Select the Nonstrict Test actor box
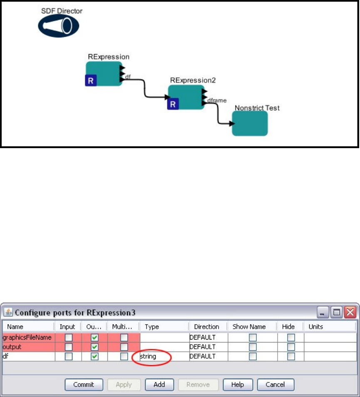tap(250, 123)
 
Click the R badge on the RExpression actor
tap(91, 80)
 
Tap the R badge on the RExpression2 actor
tap(173, 103)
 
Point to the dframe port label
tap(216, 100)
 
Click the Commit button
tap(84, 385)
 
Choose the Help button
tap(238, 385)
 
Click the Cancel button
tap(276, 385)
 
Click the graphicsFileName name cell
tap(27, 337)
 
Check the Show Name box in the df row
tap(253, 357)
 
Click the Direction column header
tap(206, 327)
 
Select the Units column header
tap(316, 327)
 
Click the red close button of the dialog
tap(351, 312)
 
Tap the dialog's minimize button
tap(323, 312)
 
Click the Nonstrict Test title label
tap(257, 108)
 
